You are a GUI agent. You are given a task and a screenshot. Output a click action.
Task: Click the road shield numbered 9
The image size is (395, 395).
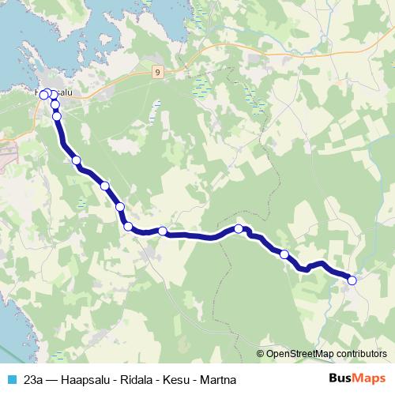coord(159,71)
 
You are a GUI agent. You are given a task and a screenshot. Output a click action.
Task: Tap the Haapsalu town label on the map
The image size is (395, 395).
coord(57,92)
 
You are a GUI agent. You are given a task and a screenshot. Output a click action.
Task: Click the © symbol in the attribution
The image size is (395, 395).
coord(261,354)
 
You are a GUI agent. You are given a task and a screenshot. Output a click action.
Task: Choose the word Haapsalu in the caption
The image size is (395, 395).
coord(92,379)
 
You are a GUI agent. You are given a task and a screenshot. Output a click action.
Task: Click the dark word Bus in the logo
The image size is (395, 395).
coord(340,378)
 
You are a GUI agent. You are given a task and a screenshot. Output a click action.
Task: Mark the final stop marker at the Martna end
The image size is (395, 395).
coord(352,280)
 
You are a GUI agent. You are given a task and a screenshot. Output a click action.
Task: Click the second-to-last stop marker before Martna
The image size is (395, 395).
coord(284,254)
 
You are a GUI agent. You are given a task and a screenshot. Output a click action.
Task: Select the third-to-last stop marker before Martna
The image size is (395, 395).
coord(239,229)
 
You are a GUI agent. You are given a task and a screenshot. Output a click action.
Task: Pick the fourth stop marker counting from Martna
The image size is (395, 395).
coord(163,231)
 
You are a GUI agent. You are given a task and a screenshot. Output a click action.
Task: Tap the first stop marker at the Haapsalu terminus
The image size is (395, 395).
coord(44,95)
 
